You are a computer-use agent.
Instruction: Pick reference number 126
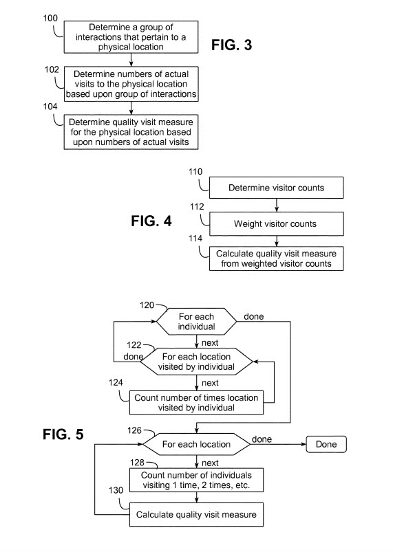[135, 431]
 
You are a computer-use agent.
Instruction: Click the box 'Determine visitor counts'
[275, 186]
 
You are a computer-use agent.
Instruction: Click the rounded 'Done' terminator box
[326, 444]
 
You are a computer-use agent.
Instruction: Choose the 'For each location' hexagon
[196, 444]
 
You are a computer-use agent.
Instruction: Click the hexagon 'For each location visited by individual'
[198, 361]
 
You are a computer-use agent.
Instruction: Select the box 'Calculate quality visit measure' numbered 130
[196, 514]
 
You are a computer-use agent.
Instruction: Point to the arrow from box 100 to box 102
[131, 60]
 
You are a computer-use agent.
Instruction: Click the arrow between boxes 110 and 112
[275, 204]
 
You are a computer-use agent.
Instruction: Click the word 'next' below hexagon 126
[210, 463]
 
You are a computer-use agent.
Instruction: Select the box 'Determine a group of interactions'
[131, 38]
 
